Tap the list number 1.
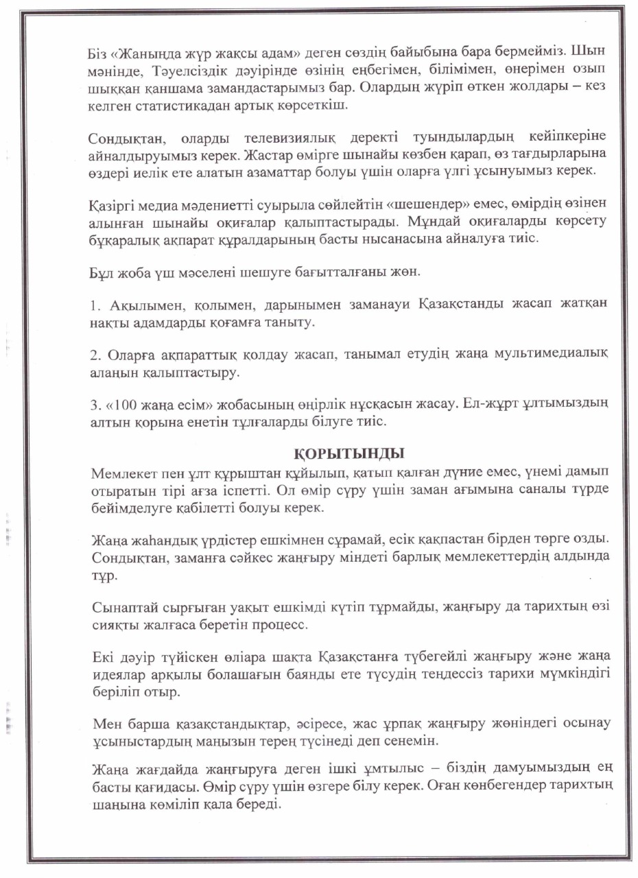(94, 302)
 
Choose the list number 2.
(95, 353)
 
